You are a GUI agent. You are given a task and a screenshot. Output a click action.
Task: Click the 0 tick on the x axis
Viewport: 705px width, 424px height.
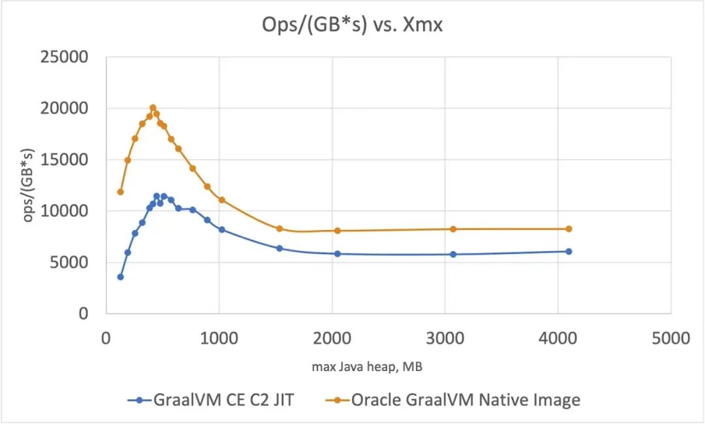click(x=106, y=338)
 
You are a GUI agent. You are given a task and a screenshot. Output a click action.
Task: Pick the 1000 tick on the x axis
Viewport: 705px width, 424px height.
click(x=219, y=338)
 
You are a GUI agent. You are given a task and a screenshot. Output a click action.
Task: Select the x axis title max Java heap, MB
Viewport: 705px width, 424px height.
click(x=366, y=367)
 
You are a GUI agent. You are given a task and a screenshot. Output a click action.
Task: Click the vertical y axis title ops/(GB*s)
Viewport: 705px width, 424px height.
click(x=28, y=185)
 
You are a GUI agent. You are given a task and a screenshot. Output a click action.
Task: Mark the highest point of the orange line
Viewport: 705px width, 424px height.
click(x=153, y=108)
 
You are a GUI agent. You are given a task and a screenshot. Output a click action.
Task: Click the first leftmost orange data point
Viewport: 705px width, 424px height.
click(x=120, y=192)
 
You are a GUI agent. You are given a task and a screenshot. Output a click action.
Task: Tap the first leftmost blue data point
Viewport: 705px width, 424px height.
click(x=120, y=277)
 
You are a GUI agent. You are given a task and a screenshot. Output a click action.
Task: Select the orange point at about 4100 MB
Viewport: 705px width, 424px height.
click(x=569, y=229)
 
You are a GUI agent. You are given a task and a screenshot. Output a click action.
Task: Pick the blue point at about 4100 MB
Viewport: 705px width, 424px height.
click(x=569, y=252)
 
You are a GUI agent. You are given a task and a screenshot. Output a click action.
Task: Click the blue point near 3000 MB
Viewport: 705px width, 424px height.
click(x=453, y=254)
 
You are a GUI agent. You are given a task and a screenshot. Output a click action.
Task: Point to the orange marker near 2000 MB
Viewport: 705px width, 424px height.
click(x=337, y=231)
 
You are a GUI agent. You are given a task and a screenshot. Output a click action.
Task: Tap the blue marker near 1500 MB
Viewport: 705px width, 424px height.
click(x=279, y=248)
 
